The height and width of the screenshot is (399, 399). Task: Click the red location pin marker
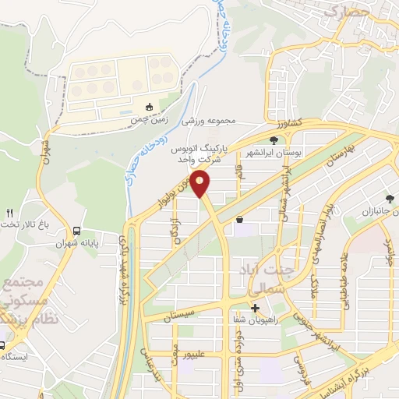pyautogui.click(x=201, y=184)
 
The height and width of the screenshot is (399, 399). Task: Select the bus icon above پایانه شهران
pyautogui.click(x=76, y=231)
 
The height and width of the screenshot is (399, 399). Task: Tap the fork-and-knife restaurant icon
pyautogui.click(x=9, y=212)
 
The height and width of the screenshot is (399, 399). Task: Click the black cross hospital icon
pyautogui.click(x=255, y=307)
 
